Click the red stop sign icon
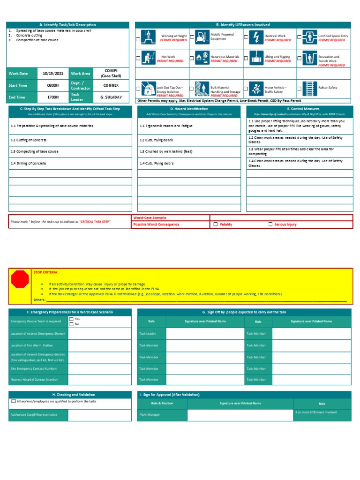[20, 280]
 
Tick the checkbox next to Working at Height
[138, 39]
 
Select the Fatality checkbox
[216, 225]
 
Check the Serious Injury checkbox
[270, 225]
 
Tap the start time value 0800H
[53, 85]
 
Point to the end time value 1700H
[53, 97]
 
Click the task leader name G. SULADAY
[111, 97]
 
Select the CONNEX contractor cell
[111, 85]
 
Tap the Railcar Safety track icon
[309, 88]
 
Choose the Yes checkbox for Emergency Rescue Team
[72, 319]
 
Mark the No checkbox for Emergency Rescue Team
[72, 324]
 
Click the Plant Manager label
[150, 415]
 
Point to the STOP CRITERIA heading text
[46, 271]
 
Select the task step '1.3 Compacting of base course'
[35, 152]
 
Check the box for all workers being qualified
[14, 401]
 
